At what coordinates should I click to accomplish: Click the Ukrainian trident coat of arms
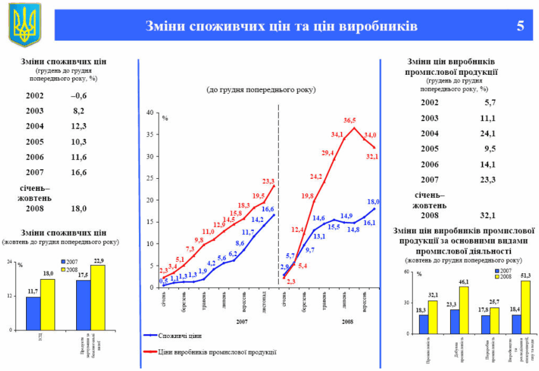pos(24,25)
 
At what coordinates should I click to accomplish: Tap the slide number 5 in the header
pos(520,26)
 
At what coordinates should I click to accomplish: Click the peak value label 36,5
pos(349,120)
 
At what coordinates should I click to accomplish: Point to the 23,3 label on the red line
pos(269,181)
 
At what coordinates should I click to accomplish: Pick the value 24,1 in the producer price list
pos(487,134)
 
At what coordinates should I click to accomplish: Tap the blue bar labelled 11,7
pos(33,313)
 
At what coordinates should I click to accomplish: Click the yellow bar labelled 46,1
pos(464,310)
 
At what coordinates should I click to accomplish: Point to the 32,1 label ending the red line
pos(371,157)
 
